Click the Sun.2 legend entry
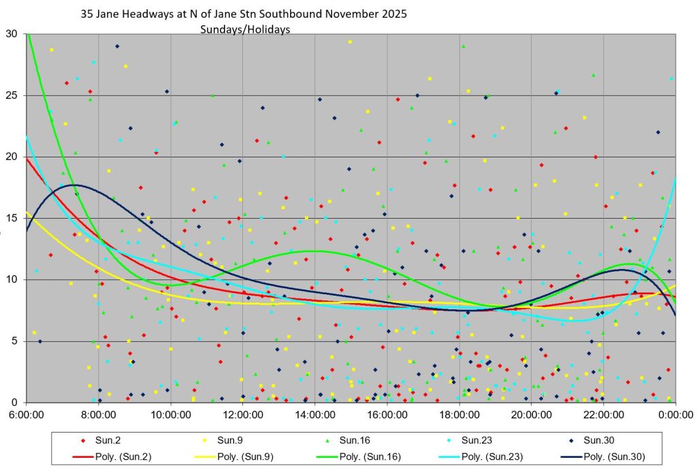101,441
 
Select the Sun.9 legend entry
223,441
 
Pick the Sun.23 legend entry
470,441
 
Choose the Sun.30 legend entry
591,441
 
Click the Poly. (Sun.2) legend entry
112,457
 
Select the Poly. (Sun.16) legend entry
359,457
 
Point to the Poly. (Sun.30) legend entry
603,457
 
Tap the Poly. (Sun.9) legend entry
234,457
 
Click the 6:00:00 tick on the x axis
27,415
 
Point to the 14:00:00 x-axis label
314,415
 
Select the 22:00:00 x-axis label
603,415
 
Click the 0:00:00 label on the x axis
676,415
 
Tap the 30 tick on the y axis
12,34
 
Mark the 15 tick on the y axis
12,218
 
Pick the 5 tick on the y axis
14,341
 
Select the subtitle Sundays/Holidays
245,29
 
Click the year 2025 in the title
394,14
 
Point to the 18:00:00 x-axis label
459,415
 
